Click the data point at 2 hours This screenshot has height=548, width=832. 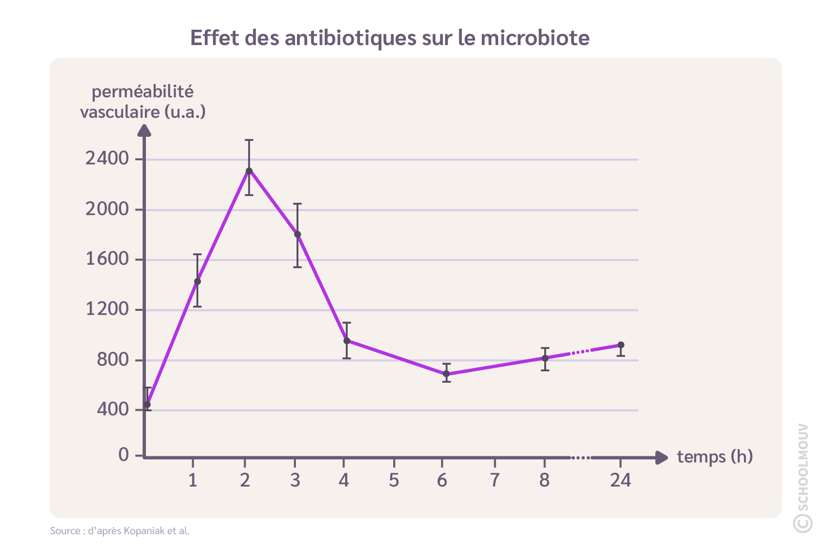(x=249, y=171)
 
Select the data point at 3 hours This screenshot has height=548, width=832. (x=297, y=234)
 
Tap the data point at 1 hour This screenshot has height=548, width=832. (x=197, y=281)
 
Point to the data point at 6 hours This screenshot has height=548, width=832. (x=446, y=374)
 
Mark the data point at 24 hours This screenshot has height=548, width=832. (x=621, y=345)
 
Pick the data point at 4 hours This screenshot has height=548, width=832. (x=347, y=341)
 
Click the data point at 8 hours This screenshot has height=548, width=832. (x=545, y=358)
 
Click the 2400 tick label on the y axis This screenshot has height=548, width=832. (x=107, y=159)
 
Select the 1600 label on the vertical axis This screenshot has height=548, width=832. (x=107, y=259)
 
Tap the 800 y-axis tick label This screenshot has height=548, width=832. (x=113, y=360)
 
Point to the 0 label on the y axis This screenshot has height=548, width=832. (x=123, y=455)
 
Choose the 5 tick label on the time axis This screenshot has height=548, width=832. (x=394, y=480)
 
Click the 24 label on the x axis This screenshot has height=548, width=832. (x=621, y=480)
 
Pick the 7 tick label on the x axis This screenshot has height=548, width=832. (x=495, y=480)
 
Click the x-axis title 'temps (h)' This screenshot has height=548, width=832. (x=715, y=456)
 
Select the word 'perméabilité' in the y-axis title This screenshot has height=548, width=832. (x=142, y=92)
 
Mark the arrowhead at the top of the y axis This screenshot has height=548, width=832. (x=144, y=132)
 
